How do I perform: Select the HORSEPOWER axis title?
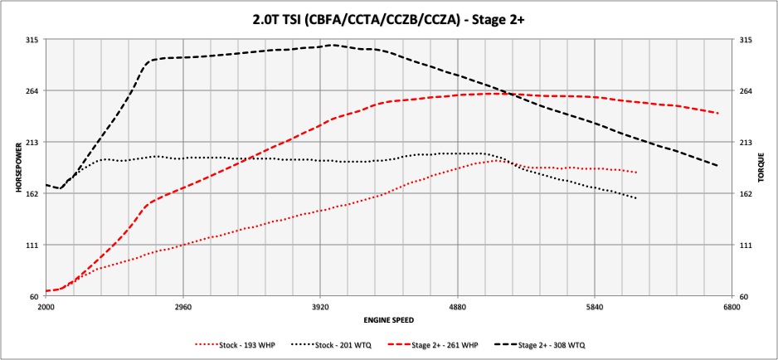pyautogui.click(x=17, y=168)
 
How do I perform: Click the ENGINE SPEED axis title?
pyautogui.click(x=387, y=319)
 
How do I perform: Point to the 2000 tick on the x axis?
pyautogui.click(x=46, y=307)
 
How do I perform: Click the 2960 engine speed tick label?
pyautogui.click(x=183, y=307)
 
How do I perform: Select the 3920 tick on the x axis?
pyautogui.click(x=320, y=307)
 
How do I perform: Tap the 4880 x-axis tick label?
pyautogui.click(x=457, y=307)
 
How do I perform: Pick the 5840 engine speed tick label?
pyautogui.click(x=595, y=307)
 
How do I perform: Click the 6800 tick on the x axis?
pyautogui.click(x=732, y=307)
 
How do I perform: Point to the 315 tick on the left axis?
pyautogui.click(x=32, y=39)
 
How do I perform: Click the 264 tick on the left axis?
pyautogui.click(x=32, y=90)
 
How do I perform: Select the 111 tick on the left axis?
pyautogui.click(x=32, y=245)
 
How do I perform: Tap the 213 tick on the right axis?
pyautogui.click(x=745, y=142)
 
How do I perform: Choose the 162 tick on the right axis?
pyautogui.click(x=745, y=193)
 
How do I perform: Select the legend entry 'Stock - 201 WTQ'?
pyautogui.click(x=341, y=343)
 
